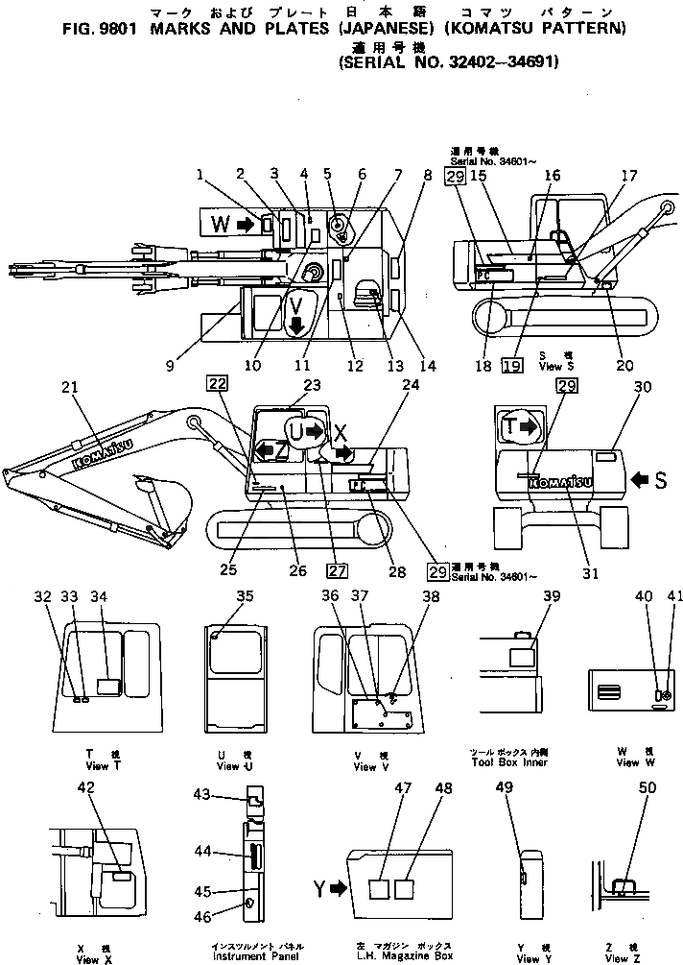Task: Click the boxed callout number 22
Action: (217, 384)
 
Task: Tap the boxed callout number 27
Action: (337, 568)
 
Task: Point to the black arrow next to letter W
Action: (245, 225)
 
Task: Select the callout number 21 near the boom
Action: (67, 387)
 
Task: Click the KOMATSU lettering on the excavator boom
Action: (104, 449)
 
